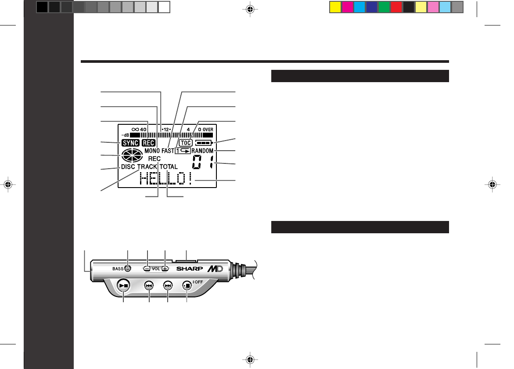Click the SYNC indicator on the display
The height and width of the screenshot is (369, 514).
coord(130,143)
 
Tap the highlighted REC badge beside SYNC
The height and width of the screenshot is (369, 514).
coord(148,143)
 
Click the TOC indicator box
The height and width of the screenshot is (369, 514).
coord(187,143)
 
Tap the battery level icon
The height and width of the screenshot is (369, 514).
coord(204,143)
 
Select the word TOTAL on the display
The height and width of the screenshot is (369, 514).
coord(169,167)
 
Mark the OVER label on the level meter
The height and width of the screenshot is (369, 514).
coord(208,130)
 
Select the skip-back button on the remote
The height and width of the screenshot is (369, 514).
coord(149,285)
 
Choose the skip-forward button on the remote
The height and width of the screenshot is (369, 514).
coord(168,285)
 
